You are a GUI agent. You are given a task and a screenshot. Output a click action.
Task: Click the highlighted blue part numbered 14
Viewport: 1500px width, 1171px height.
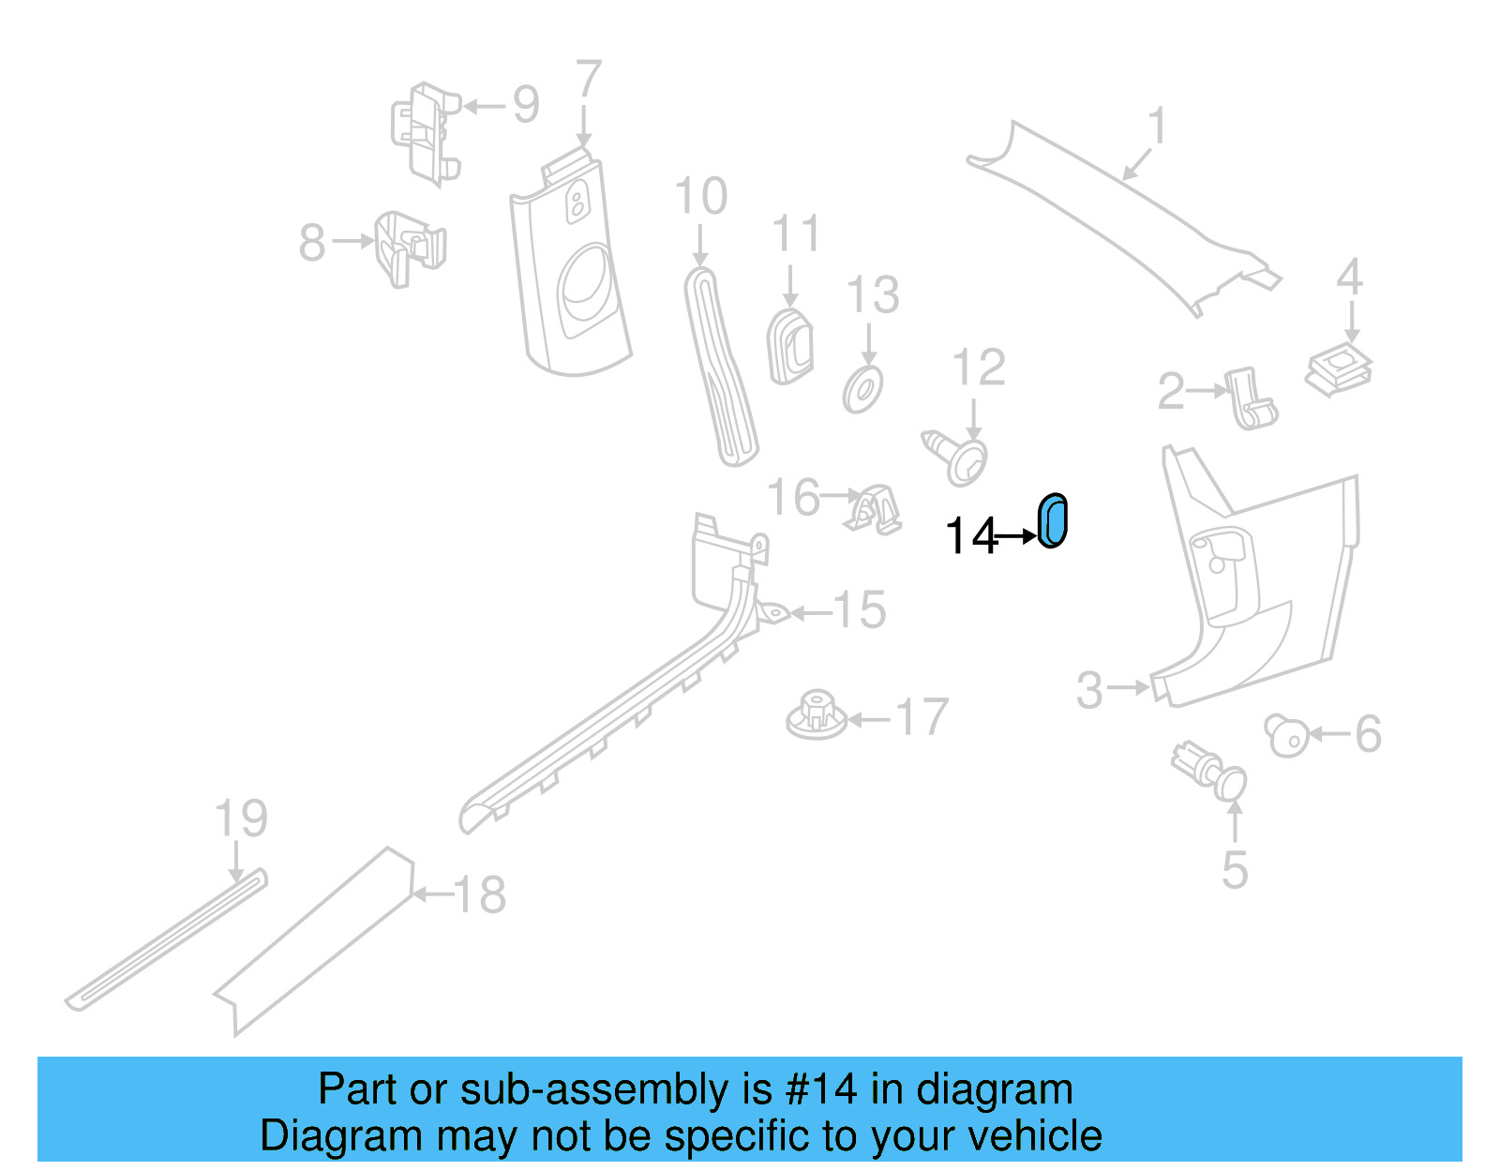pyautogui.click(x=1052, y=520)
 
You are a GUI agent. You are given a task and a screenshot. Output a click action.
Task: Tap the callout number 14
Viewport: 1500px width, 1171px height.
pyautogui.click(x=970, y=537)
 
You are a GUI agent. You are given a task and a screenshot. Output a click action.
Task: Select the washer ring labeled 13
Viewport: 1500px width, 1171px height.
pyautogui.click(x=862, y=390)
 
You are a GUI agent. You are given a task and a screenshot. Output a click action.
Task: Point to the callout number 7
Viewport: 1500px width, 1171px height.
pyautogui.click(x=588, y=81)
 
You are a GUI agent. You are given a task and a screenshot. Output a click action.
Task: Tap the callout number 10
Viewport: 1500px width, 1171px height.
pyautogui.click(x=700, y=197)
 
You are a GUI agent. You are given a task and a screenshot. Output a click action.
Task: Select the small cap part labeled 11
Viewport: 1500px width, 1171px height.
pyautogui.click(x=790, y=347)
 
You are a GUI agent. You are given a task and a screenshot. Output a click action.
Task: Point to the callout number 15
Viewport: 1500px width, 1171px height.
pyautogui.click(x=859, y=610)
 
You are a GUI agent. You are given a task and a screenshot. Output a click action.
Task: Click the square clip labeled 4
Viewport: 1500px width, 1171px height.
pyautogui.click(x=1338, y=368)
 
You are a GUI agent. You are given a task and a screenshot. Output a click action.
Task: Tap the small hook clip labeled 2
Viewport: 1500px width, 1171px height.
pyautogui.click(x=1251, y=398)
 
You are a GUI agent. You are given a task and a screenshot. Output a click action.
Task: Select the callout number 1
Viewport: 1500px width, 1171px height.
pyautogui.click(x=1158, y=127)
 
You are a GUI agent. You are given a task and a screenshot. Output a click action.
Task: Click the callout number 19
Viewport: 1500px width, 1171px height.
pyautogui.click(x=241, y=818)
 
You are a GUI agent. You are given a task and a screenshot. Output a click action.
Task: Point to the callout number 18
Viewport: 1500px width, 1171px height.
pyautogui.click(x=480, y=894)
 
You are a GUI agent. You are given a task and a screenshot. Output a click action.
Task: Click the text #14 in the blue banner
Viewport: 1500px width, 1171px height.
pyautogui.click(x=820, y=1089)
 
